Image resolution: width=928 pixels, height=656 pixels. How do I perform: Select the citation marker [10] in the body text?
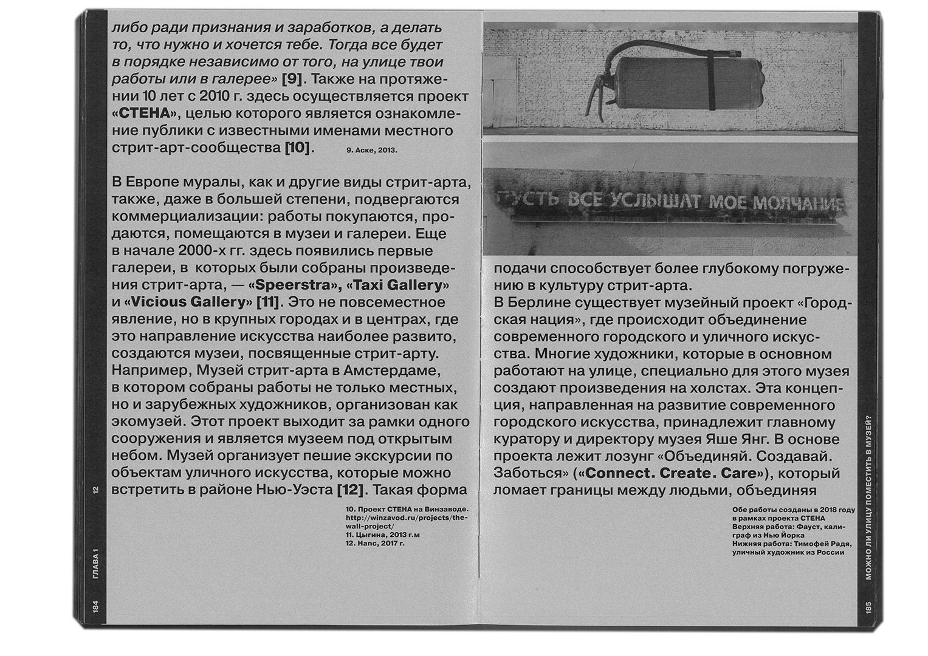(x=297, y=148)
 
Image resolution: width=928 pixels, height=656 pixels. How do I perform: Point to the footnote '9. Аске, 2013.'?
(x=371, y=149)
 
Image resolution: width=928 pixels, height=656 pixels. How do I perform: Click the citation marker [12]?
(x=350, y=490)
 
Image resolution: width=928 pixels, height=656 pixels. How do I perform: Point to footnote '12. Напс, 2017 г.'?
(x=374, y=544)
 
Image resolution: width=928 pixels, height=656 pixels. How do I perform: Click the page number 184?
(x=95, y=606)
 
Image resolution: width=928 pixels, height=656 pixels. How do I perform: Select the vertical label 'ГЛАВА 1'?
(x=95, y=562)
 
